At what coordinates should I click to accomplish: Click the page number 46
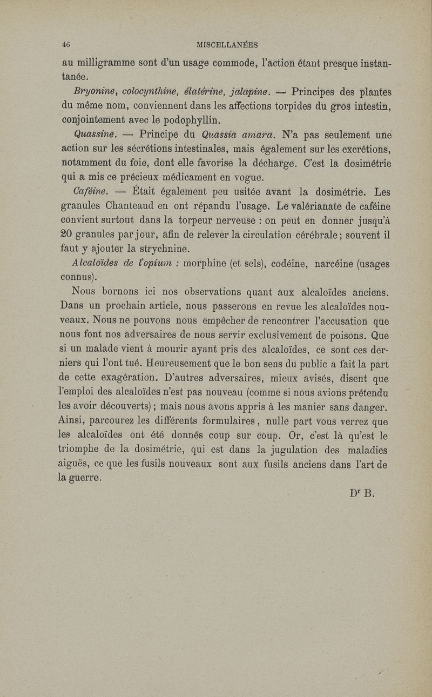click(x=67, y=44)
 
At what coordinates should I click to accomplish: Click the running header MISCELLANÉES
click(x=227, y=44)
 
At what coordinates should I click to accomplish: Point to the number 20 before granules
click(x=68, y=236)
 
